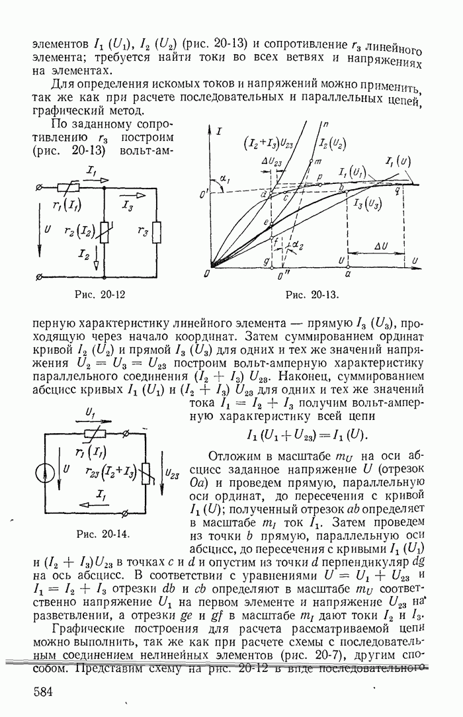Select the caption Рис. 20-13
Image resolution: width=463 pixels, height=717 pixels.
click(x=312, y=296)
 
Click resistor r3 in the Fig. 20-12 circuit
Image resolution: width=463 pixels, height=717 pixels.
click(x=155, y=232)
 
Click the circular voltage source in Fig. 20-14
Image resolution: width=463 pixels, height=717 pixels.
click(x=45, y=475)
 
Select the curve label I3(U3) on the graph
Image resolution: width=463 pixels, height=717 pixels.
click(x=367, y=203)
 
